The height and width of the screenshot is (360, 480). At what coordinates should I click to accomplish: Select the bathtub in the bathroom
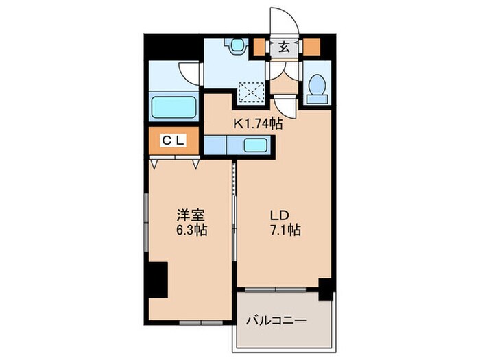[x=174, y=108]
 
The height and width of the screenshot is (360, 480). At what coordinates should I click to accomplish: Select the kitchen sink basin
[x=256, y=145]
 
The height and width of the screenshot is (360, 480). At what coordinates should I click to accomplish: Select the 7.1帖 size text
[x=285, y=231]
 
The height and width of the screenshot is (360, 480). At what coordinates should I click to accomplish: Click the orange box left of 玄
[x=259, y=48]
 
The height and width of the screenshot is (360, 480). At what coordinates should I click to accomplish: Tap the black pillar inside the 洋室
[x=159, y=280]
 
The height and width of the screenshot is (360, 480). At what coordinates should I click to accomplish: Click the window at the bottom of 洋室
[x=198, y=321]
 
